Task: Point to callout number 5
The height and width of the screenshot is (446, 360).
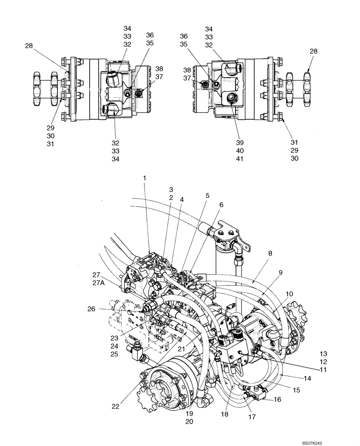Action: tap(207, 195)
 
